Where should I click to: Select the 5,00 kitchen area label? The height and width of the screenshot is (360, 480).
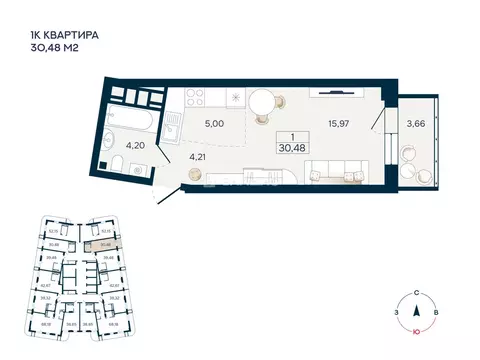click(213, 124)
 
